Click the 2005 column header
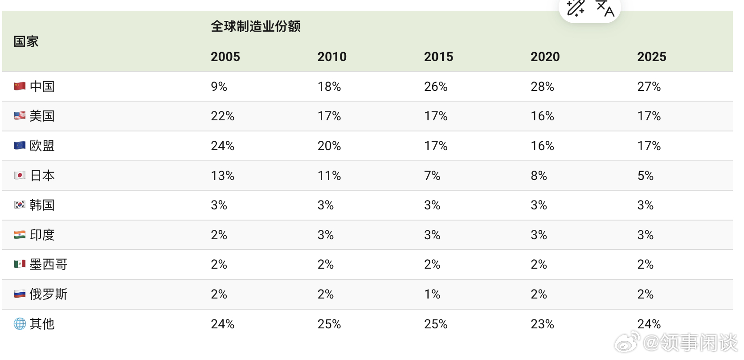coord(225,57)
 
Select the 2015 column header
coord(438,57)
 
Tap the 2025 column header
coord(652,57)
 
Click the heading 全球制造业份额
coord(256,26)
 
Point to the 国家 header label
coord(26,42)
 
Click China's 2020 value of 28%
coord(542,87)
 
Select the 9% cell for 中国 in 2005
coord(219,87)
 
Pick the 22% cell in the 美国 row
coord(223,116)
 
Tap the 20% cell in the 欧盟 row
coord(329,146)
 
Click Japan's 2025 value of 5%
coord(646,176)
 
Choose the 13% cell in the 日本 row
coord(223,176)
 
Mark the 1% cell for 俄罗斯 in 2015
coord(432,294)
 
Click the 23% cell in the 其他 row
coord(542,324)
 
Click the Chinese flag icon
coord(20,86)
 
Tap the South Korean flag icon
coord(20,205)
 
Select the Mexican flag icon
coord(20,264)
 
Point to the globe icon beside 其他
coord(20,324)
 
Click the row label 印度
coord(42,235)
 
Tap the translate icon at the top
coord(605,8)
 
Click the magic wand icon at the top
coord(575,8)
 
